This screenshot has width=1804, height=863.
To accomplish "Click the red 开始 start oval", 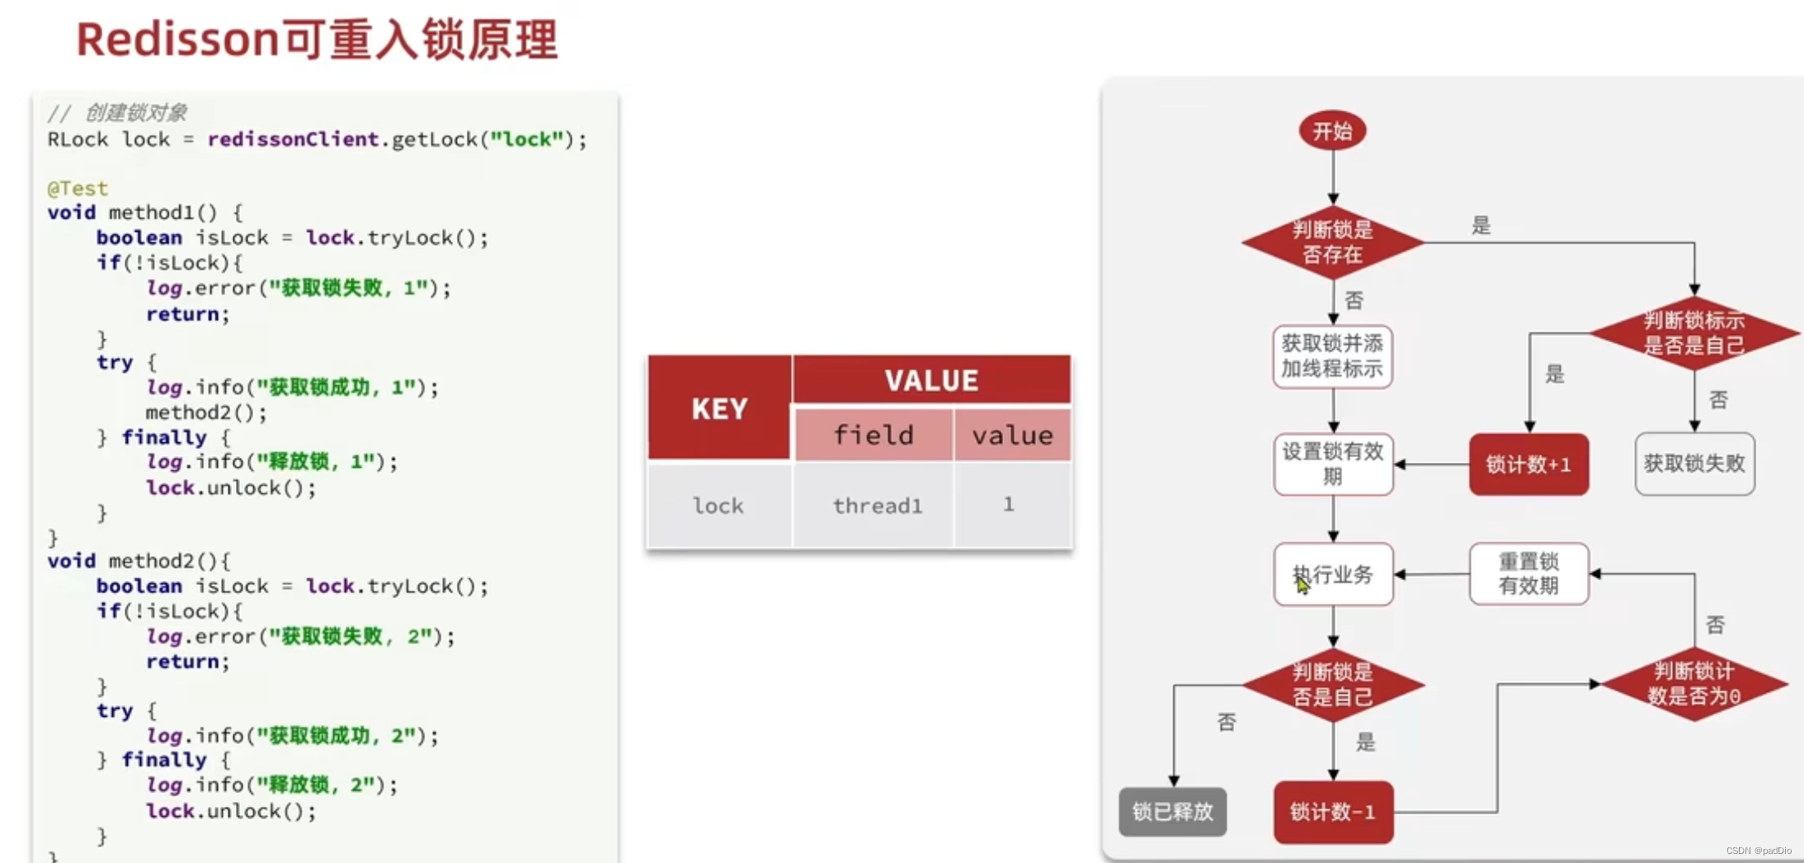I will pyautogui.click(x=1332, y=130).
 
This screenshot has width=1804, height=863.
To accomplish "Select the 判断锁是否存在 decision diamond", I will pyautogui.click(x=1332, y=242).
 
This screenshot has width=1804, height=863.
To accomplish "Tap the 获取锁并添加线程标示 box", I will pyautogui.click(x=1332, y=356).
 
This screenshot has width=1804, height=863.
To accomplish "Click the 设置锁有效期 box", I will pyautogui.click(x=1332, y=464).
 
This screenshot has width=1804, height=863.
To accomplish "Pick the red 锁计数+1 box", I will pyautogui.click(x=1528, y=465).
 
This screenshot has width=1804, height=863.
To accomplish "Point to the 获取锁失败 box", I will pyautogui.click(x=1694, y=464).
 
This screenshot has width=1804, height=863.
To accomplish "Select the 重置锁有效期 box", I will pyautogui.click(x=1528, y=573).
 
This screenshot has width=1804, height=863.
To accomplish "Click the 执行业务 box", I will pyautogui.click(x=1332, y=574).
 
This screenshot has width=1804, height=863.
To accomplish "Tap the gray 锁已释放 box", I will pyautogui.click(x=1172, y=812).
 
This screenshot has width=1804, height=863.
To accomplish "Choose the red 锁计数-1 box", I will pyautogui.click(x=1332, y=813).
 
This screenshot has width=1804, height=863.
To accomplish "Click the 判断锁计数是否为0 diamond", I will pyautogui.click(x=1694, y=684).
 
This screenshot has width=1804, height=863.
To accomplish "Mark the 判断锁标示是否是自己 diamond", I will pyautogui.click(x=1694, y=332).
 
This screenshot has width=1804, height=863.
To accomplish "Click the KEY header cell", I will pyautogui.click(x=719, y=408).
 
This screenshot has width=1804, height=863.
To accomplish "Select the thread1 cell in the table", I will pyautogui.click(x=877, y=506).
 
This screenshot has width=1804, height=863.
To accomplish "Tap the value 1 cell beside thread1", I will pyautogui.click(x=1009, y=504).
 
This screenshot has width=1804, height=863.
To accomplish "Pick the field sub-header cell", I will pyautogui.click(x=874, y=435).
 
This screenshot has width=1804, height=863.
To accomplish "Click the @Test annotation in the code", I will pyautogui.click(x=78, y=188).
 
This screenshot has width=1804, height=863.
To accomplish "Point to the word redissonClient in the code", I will pyautogui.click(x=293, y=139).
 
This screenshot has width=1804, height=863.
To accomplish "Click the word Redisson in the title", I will pyautogui.click(x=177, y=40).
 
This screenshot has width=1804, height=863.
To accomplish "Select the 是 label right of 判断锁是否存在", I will pyautogui.click(x=1481, y=225).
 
